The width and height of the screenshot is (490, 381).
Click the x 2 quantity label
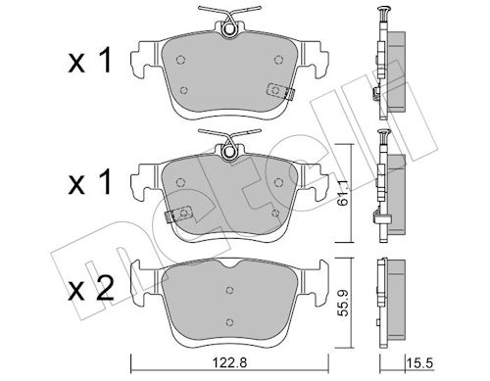point(91,288)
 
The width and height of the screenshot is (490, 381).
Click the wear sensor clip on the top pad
point(280,91)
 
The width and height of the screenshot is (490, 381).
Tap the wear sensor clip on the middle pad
point(178,214)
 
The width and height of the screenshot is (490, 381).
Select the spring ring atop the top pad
point(229,28)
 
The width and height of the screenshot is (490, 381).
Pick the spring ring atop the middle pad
point(229,152)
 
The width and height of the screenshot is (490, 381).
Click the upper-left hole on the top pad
point(180,60)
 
